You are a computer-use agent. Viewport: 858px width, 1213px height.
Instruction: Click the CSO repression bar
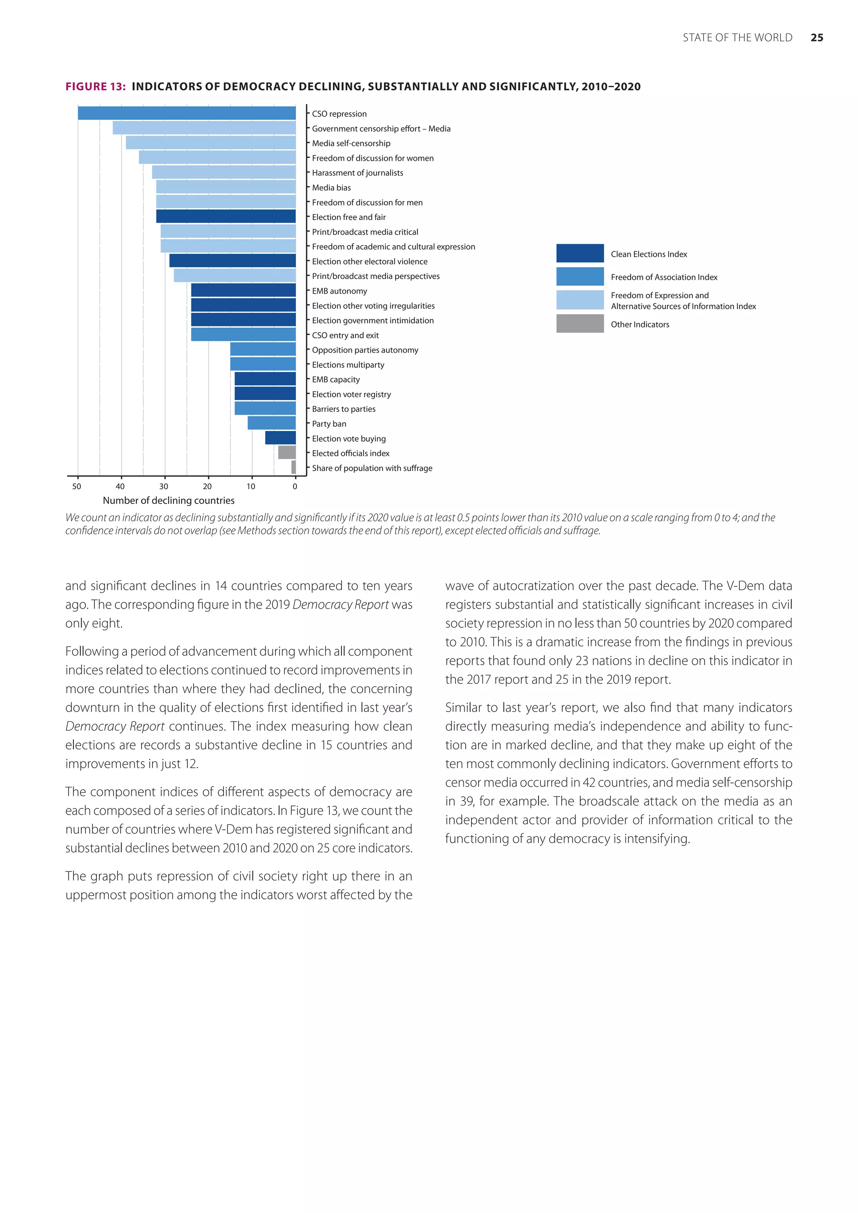pyautogui.click(x=186, y=113)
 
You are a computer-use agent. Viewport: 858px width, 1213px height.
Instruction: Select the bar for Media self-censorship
pyautogui.click(x=210, y=143)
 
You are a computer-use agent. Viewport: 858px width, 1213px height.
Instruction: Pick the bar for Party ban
pyautogui.click(x=271, y=423)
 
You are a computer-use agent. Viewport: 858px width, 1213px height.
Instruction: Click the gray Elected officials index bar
pyautogui.click(x=287, y=453)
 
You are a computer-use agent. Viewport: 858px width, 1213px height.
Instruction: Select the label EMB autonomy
pyautogui.click(x=339, y=291)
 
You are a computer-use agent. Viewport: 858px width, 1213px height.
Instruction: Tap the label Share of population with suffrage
pyautogui.click(x=372, y=468)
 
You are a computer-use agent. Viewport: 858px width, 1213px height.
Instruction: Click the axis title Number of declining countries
pyautogui.click(x=168, y=500)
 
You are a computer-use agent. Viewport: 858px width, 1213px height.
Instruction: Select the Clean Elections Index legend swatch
pyautogui.click(x=579, y=253)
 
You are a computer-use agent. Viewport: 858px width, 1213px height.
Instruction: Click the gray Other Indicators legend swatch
pyautogui.click(x=579, y=323)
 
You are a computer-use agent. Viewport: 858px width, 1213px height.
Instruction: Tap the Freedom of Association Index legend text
pyautogui.click(x=664, y=277)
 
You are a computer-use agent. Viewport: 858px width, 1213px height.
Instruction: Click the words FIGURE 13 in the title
pyautogui.click(x=95, y=87)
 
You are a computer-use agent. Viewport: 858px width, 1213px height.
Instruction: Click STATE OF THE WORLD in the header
pyautogui.click(x=737, y=38)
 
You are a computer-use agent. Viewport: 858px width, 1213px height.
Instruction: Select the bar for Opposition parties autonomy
pyautogui.click(x=263, y=349)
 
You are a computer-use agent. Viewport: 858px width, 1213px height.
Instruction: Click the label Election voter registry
pyautogui.click(x=351, y=394)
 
